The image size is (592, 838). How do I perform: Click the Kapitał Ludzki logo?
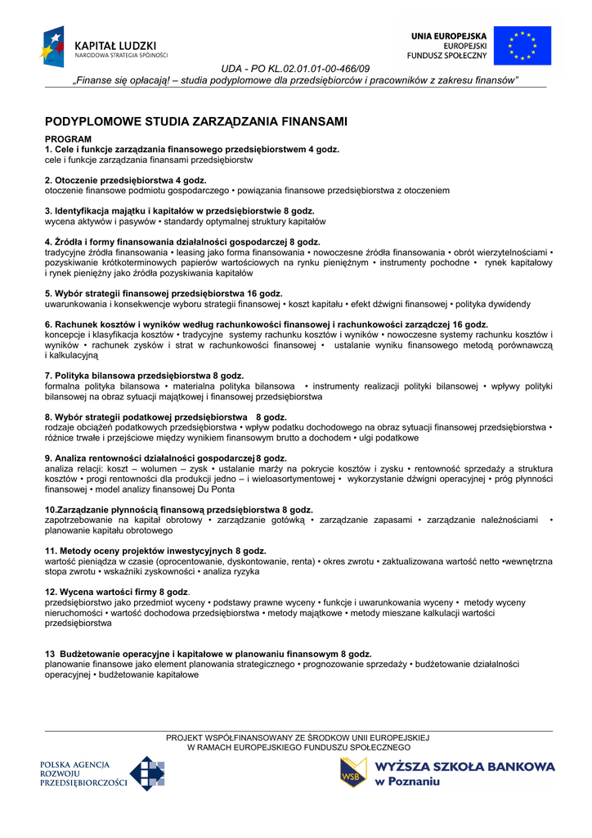coord(104,47)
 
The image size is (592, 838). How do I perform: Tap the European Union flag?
coord(522,46)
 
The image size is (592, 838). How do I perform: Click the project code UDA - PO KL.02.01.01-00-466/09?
coord(296,69)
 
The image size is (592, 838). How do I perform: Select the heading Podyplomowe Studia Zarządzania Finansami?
coord(196,121)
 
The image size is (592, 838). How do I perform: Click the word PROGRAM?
coord(68,139)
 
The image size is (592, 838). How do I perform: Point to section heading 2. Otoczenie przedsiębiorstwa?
coord(125,180)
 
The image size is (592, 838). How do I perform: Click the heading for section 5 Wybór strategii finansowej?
coord(164,293)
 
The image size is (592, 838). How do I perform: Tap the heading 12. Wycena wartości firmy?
coord(116,592)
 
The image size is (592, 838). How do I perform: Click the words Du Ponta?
coord(216,489)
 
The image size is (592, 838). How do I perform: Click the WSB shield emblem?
coord(353,772)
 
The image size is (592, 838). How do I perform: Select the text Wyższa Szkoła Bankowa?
coord(464,767)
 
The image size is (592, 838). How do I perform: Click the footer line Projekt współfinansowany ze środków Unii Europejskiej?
coord(298,737)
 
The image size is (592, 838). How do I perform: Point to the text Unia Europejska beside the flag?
coord(449,36)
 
